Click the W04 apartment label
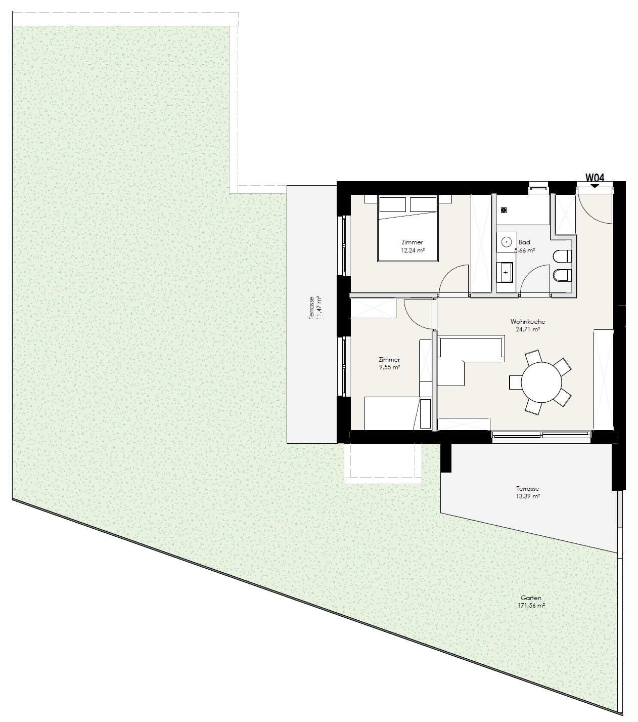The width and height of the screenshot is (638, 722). (595, 178)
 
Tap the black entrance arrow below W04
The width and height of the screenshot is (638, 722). (595, 186)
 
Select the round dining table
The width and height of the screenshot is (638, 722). (541, 383)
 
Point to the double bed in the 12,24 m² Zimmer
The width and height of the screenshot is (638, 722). (408, 228)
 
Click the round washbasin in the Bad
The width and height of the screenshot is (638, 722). (506, 242)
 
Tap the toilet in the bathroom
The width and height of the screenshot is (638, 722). (563, 256)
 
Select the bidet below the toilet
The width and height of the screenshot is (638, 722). (563, 275)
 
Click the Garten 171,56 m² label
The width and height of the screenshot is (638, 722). (531, 602)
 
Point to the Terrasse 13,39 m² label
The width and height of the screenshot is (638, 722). (528, 492)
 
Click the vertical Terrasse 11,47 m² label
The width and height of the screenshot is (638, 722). (315, 308)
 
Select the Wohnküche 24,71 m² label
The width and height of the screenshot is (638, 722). (528, 325)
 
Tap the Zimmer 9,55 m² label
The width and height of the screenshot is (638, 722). (389, 363)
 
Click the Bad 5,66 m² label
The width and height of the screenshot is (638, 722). (524, 246)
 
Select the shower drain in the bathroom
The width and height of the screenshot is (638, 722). (504, 210)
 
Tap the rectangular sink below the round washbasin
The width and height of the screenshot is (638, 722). (506, 273)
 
